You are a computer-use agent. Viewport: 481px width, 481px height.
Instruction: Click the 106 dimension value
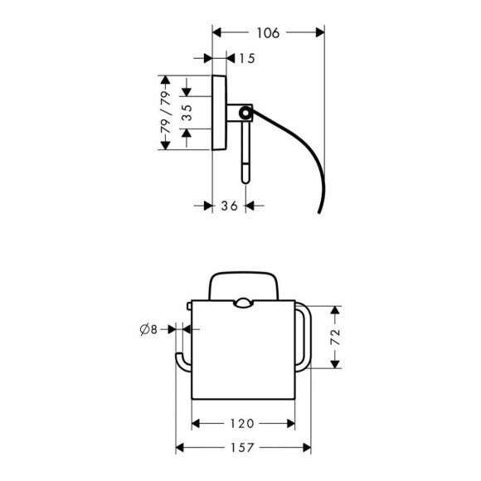(x=268, y=33)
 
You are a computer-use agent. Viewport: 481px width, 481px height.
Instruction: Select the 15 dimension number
(x=247, y=58)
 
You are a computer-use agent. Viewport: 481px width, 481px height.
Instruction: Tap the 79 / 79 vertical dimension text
(x=165, y=113)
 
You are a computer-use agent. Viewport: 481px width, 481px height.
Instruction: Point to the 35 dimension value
(x=187, y=113)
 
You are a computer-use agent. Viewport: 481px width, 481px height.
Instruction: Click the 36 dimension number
(x=229, y=206)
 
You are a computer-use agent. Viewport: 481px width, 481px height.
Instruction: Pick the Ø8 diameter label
(x=148, y=329)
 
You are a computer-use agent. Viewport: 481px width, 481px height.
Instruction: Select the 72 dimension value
(x=336, y=337)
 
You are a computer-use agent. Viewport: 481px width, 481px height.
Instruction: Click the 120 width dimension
(x=242, y=424)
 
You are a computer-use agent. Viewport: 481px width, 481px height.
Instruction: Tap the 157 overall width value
(x=242, y=448)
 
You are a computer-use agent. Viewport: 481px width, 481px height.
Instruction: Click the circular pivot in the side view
(x=245, y=113)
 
